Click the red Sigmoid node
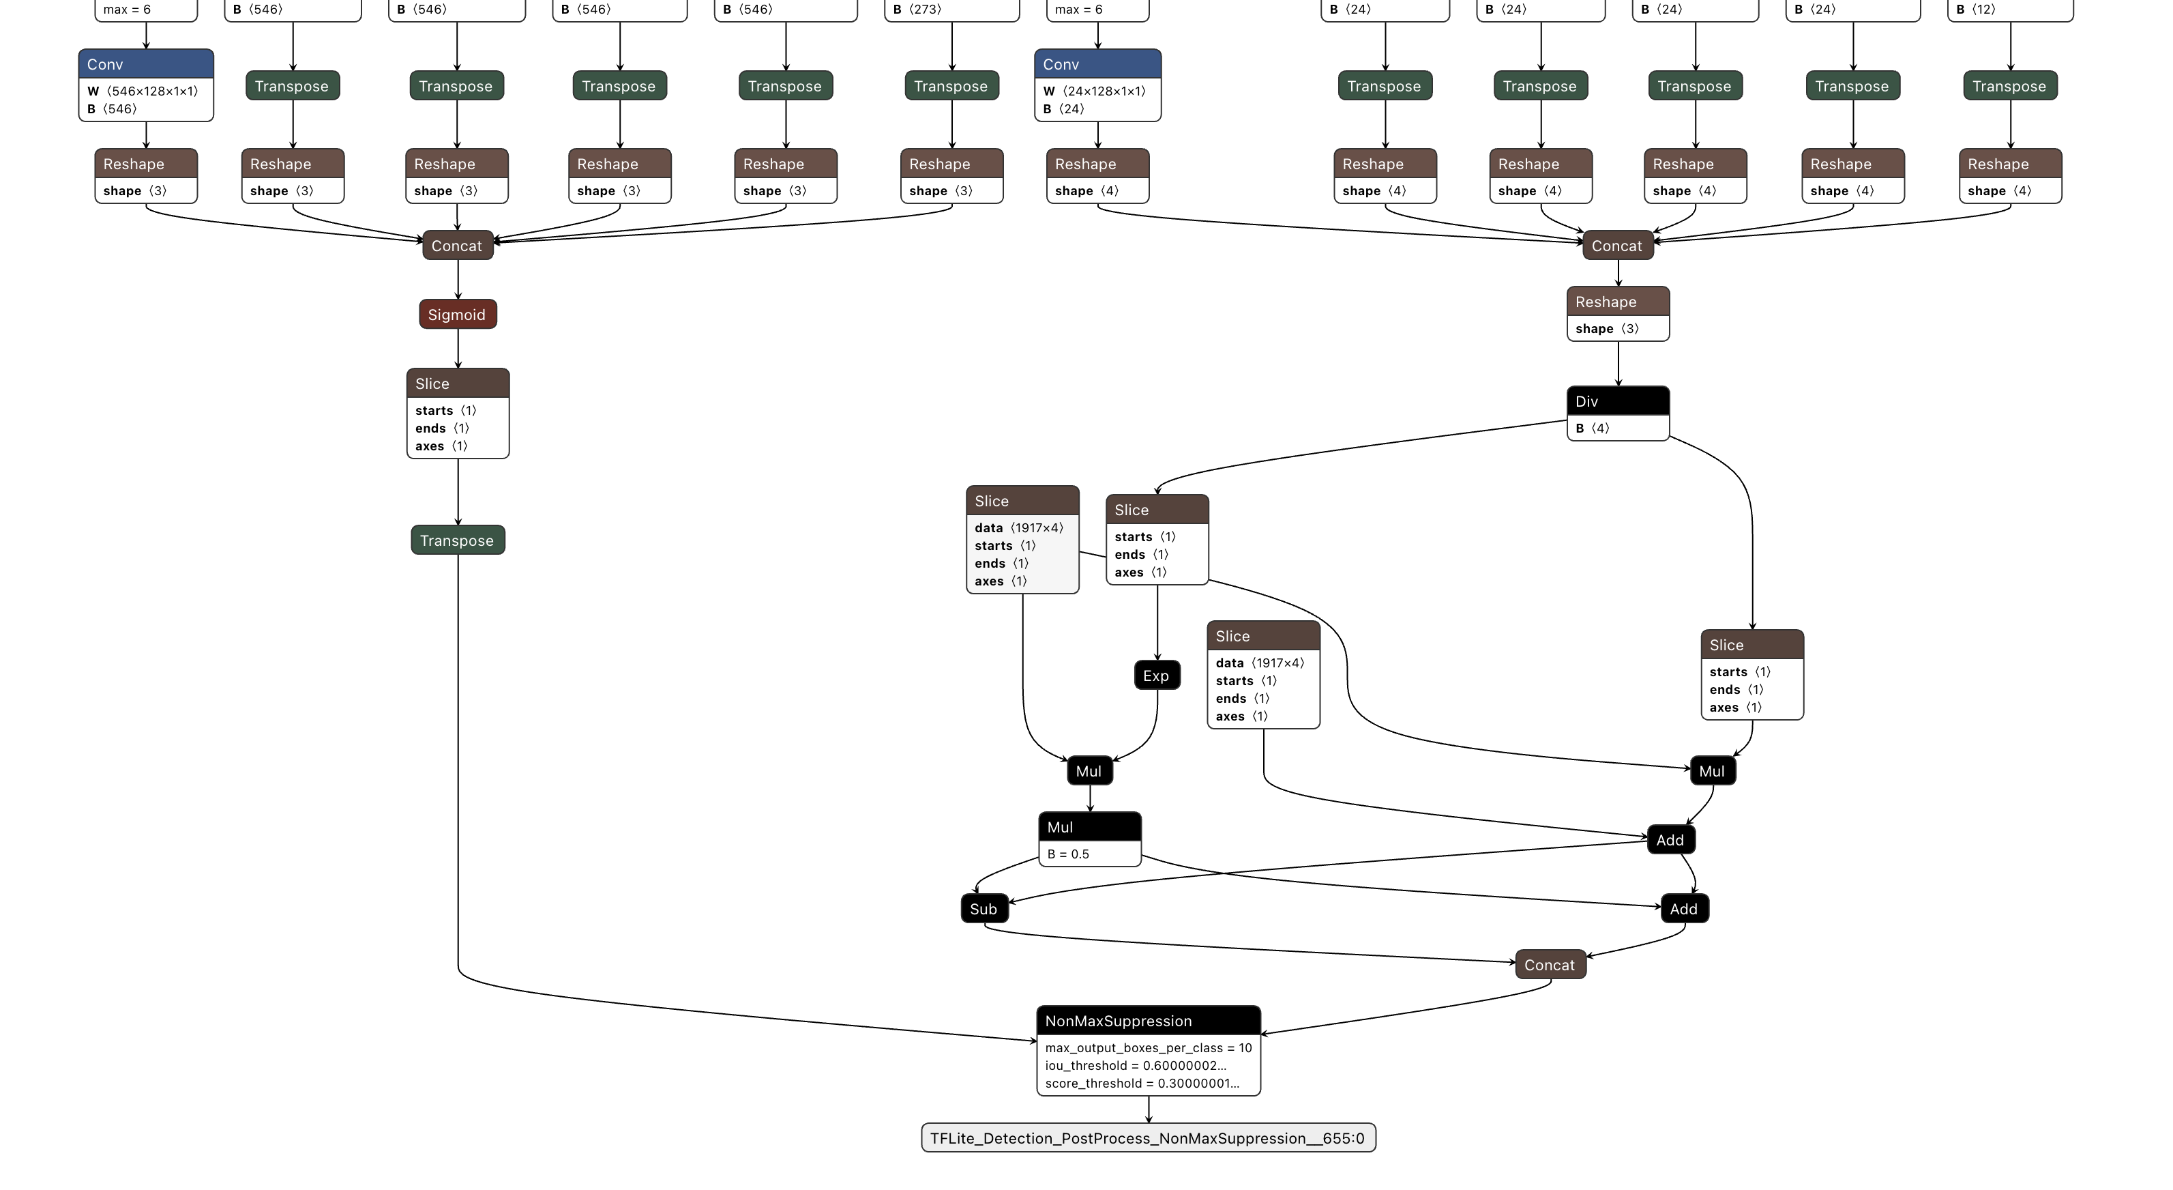[x=457, y=314]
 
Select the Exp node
[x=1157, y=676]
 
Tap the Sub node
[x=984, y=909]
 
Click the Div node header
[x=1617, y=402]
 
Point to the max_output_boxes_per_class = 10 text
[x=1147, y=1048]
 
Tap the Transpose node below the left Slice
[x=457, y=541]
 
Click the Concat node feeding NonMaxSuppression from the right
[x=1550, y=965]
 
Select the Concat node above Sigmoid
[x=457, y=246]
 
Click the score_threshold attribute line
[x=1141, y=1084]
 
